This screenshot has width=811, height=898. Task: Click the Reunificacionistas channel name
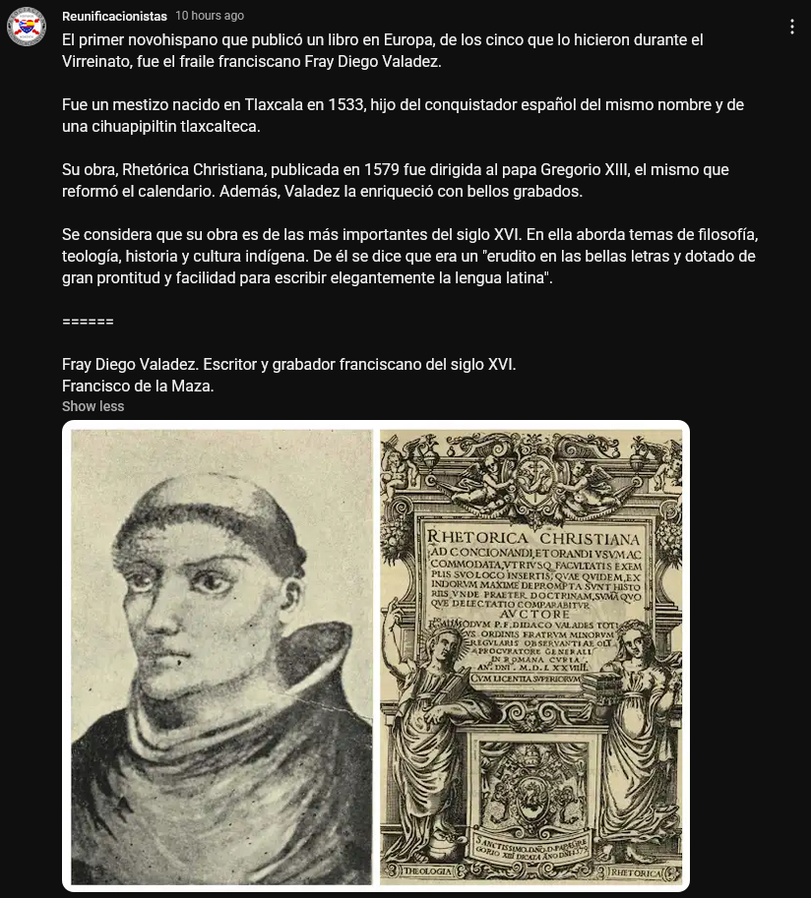(x=114, y=16)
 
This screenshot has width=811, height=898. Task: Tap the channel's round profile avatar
(x=27, y=27)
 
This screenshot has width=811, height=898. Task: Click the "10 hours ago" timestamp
(x=210, y=16)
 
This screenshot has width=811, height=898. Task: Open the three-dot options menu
(x=792, y=27)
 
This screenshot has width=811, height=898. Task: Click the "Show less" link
(x=93, y=406)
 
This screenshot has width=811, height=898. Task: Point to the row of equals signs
(x=88, y=322)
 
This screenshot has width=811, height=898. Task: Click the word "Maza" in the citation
(x=193, y=387)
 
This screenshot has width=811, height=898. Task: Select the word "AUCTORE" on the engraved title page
(x=532, y=609)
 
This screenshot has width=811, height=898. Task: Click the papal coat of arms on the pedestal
(x=530, y=788)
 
